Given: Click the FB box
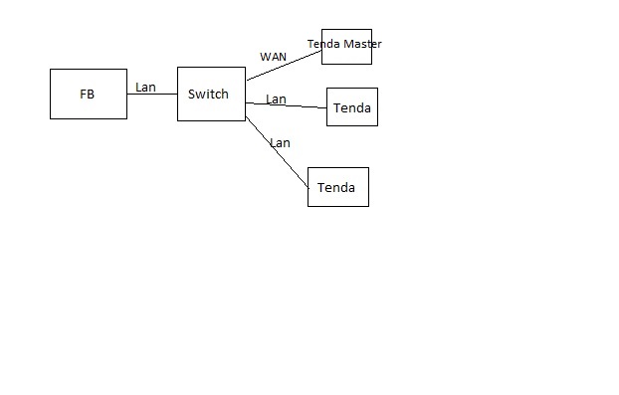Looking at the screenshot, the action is (x=89, y=94).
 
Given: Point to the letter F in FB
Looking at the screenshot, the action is (x=83, y=95).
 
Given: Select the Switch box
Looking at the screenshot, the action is (x=211, y=94).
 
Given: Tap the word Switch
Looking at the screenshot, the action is (x=208, y=94).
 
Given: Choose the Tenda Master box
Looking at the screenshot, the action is (x=346, y=47).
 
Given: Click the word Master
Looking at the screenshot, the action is (x=362, y=44).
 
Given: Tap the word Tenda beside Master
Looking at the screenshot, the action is (x=323, y=44).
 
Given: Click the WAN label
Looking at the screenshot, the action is (x=274, y=57).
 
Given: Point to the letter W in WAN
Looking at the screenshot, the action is (x=265, y=57).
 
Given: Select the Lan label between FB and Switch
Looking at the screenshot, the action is (x=145, y=88).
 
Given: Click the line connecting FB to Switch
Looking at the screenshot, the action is (x=152, y=94).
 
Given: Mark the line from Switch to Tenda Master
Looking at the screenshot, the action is (x=285, y=66).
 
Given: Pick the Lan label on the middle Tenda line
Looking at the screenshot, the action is (x=276, y=99).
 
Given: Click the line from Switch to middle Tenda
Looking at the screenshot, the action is (x=287, y=105).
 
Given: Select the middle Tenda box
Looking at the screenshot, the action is (x=352, y=106).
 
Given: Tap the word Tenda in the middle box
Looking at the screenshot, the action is (x=352, y=108).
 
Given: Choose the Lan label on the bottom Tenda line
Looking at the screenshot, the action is (x=281, y=143).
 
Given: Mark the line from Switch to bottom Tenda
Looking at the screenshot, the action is (x=277, y=152).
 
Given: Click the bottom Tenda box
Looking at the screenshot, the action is (x=338, y=187).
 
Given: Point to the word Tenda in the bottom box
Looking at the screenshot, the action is (x=336, y=187).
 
